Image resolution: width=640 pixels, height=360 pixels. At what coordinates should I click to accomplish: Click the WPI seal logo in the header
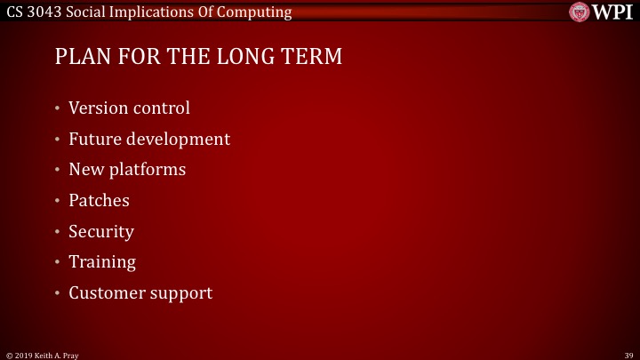(x=579, y=12)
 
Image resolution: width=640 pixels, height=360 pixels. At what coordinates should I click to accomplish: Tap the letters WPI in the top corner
(x=612, y=12)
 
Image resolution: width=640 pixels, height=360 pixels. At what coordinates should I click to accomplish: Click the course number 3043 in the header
(x=48, y=12)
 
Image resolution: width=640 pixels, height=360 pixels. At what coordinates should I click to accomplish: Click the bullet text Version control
(x=129, y=108)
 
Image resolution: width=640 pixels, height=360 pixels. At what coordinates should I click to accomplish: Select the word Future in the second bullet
(x=94, y=139)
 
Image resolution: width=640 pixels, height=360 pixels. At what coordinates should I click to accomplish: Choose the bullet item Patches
(x=99, y=200)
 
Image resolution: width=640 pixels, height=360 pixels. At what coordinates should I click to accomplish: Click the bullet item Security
(x=101, y=231)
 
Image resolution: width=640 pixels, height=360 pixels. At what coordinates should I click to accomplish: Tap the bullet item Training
(x=102, y=261)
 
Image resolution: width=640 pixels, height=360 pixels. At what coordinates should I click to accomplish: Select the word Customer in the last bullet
(x=105, y=292)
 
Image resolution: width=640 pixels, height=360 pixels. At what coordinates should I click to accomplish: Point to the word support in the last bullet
(x=180, y=292)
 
